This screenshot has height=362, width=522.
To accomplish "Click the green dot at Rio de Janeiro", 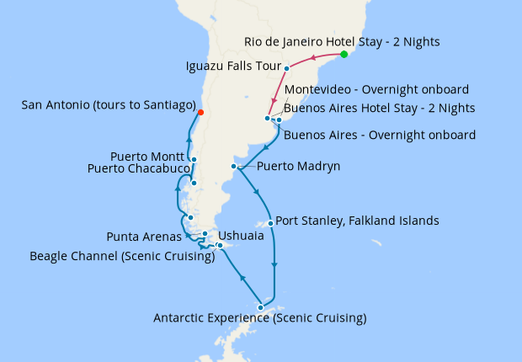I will pos(344,55).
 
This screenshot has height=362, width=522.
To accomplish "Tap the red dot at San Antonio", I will pos(200,111).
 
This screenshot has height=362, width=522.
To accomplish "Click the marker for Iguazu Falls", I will pos(287,68).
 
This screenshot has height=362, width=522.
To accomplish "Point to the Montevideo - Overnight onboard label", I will pos(376,90).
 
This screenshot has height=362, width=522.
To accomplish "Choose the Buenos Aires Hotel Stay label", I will pos(379,108).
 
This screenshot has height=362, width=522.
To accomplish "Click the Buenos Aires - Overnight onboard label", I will pos(379,135).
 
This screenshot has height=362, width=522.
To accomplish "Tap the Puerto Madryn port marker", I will pos(233,167).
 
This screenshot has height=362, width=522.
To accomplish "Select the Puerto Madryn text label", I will pos(298,167).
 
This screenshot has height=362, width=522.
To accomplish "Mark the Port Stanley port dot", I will pos(269,223).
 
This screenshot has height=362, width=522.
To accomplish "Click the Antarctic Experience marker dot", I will pos(260,307).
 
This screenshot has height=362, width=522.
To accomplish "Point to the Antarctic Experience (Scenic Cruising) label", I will pos(259,318).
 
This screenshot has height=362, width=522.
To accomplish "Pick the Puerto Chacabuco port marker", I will pos(194,183).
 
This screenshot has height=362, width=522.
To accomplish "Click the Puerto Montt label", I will pos(148,157).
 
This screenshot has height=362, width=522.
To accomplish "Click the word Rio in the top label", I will pos(254,40).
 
